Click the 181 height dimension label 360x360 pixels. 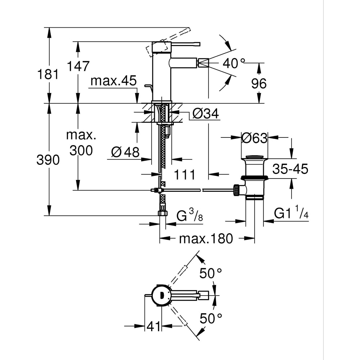[48, 75]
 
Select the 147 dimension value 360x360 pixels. [78, 66]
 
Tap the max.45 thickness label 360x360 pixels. [113, 81]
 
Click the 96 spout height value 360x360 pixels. [259, 84]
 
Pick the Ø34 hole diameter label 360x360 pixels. [205, 113]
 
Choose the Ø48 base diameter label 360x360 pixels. [125, 152]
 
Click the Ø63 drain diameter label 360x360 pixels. [254, 138]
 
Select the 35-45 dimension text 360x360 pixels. [290, 169]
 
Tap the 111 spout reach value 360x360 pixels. [185, 175]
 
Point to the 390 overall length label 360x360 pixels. [48, 159]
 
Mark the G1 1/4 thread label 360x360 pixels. [291, 214]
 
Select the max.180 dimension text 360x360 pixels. [206, 238]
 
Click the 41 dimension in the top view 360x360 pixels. [153, 327]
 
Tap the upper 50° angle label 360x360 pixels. [211, 274]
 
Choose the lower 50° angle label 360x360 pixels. [211, 318]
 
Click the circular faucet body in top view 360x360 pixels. [161, 296]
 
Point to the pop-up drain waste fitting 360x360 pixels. [254, 176]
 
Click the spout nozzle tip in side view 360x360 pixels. [202, 63]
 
